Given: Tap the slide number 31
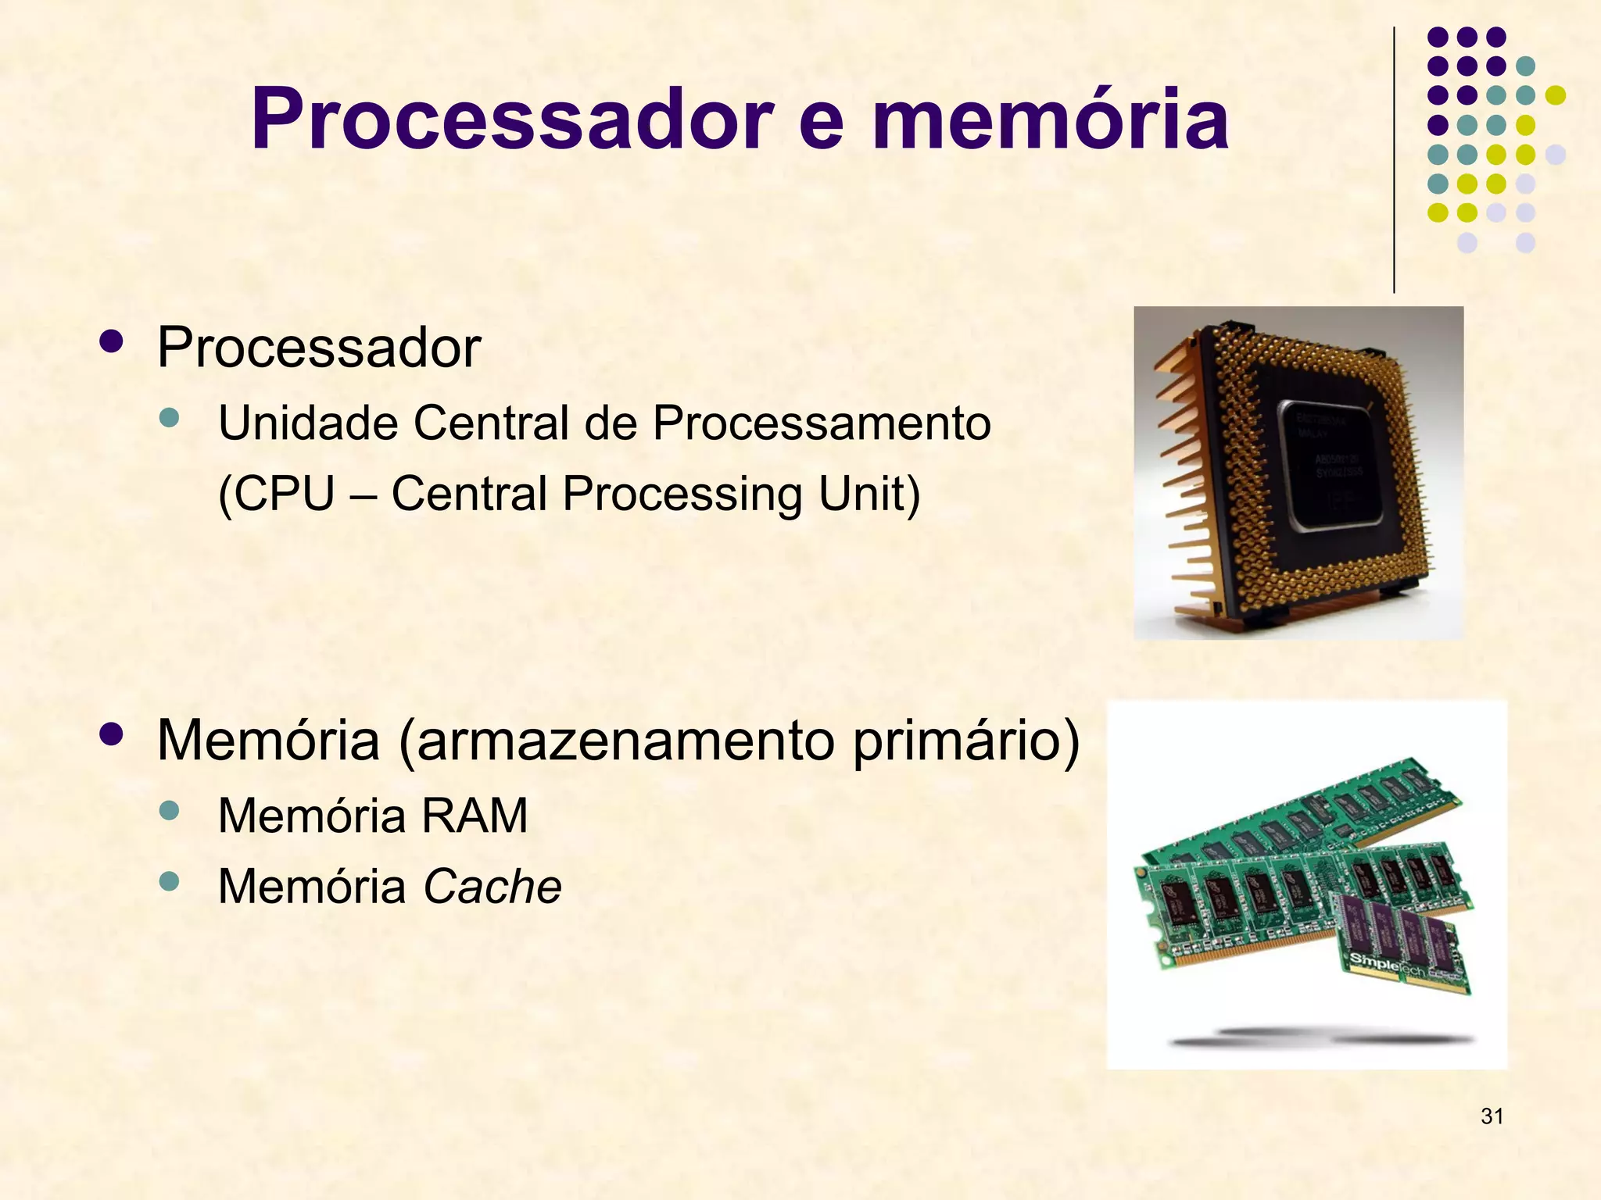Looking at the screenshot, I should pos(1492,1116).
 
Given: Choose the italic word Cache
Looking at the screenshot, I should pos(492,887).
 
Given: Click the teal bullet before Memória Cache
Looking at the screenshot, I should pos(169,882).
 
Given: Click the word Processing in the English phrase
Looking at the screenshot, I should pos(682,495).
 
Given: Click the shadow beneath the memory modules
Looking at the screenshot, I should pos(1321,1037).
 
